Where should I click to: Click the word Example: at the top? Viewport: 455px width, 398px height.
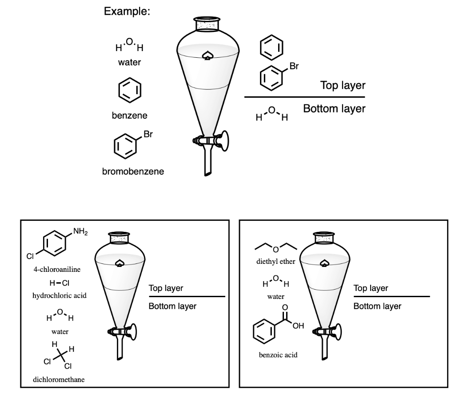coord(127,12)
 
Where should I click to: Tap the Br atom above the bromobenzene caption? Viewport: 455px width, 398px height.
coord(148,134)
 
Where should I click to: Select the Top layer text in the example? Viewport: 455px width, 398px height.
coord(343,85)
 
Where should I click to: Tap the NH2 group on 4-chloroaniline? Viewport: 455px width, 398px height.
coord(80,231)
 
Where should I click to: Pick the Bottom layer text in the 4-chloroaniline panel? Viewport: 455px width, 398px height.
coord(172,306)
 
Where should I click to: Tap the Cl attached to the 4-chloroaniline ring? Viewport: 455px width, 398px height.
coord(30,256)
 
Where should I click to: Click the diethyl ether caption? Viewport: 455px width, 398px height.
coord(275,261)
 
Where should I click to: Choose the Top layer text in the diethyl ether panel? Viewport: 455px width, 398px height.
coord(371,288)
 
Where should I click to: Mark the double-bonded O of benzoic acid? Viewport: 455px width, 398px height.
coord(285,308)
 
